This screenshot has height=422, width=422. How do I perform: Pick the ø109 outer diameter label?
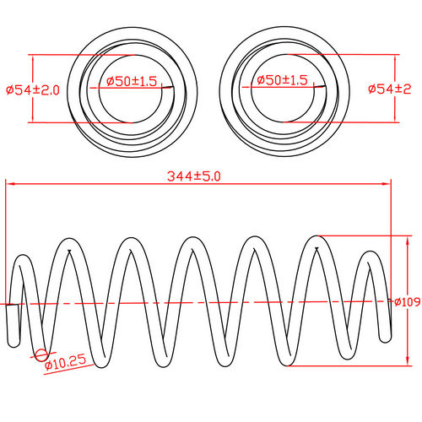(408, 302)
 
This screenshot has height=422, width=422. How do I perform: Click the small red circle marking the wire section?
(41, 354)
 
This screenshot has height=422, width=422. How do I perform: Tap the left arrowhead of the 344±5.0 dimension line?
(9, 183)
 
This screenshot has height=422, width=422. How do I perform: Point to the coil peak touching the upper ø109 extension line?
(316, 238)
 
